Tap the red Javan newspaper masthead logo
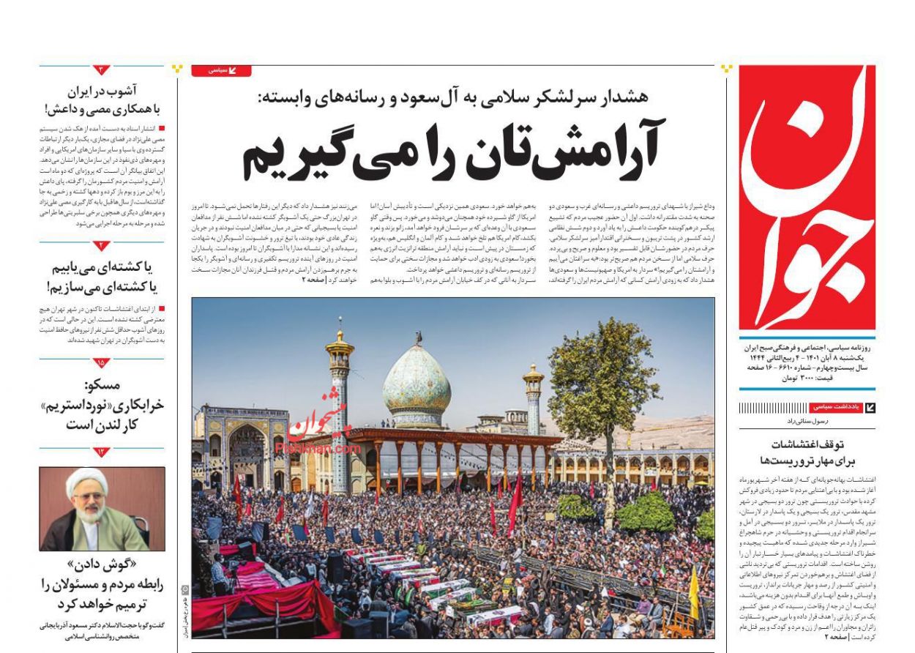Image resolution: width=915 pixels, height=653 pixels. pos(807,198)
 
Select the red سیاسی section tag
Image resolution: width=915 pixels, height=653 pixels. pos(221,70)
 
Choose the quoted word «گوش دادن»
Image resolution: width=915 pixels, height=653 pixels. pos(102,566)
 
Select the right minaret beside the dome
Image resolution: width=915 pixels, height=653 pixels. pos(533,399)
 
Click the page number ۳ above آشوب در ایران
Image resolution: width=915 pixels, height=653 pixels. pos(102,70)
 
